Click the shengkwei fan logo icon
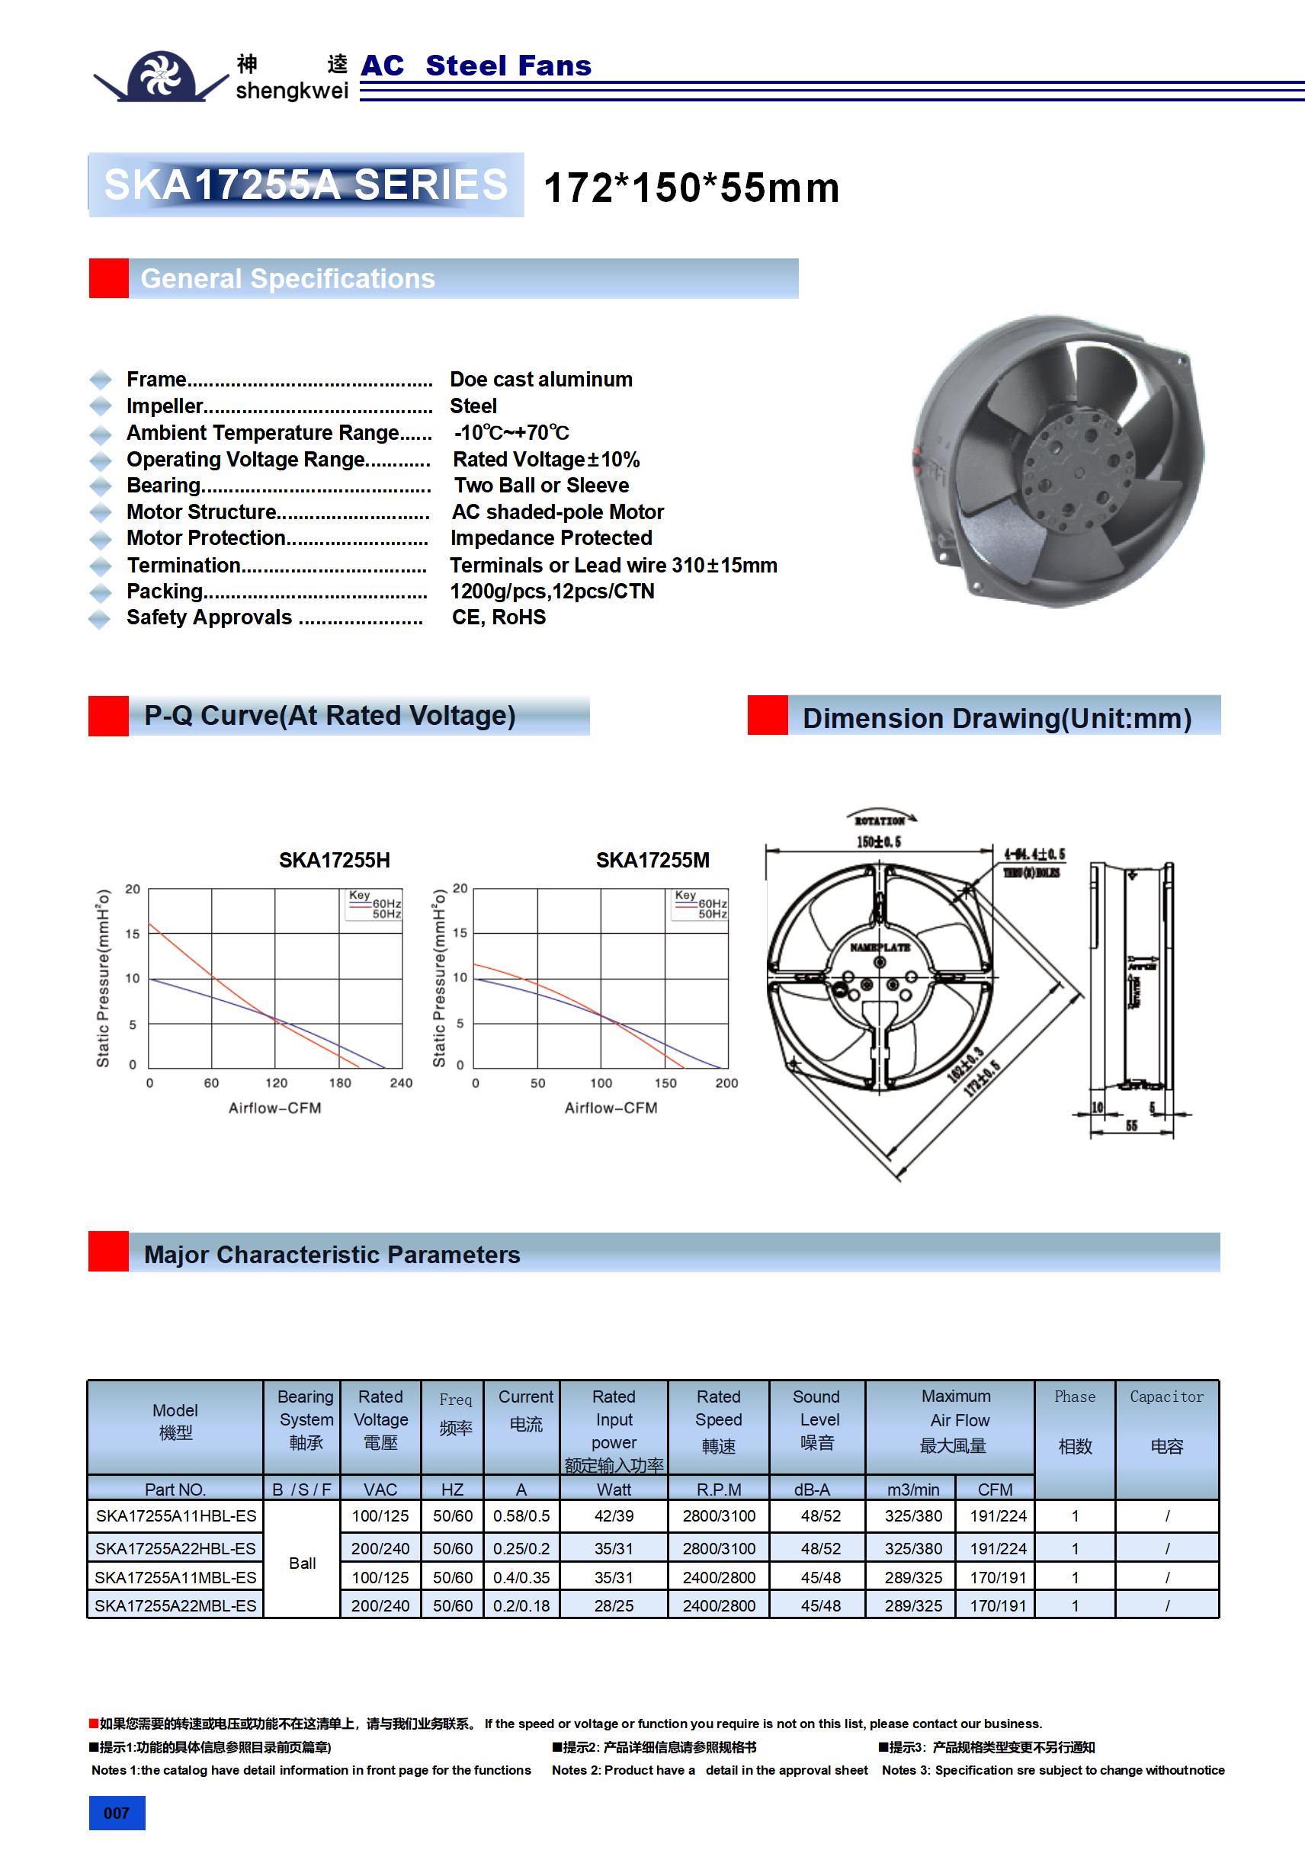coord(161,76)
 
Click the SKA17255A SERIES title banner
coord(306,184)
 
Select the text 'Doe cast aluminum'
coord(541,379)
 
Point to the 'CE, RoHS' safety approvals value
coord(499,617)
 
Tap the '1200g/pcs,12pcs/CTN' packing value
coord(552,591)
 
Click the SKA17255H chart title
coord(334,861)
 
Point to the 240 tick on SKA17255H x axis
coord(400,1082)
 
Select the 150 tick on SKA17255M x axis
coord(665,1082)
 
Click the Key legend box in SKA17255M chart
coord(700,905)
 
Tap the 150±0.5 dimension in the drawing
coord(878,842)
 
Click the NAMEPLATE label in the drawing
coord(879,948)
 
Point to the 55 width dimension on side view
coord(1131,1126)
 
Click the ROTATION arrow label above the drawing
coord(880,820)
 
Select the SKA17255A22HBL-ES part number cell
coord(175,1548)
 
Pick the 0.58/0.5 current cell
coord(521,1515)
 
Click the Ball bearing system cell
coord(302,1563)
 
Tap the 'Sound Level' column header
coord(816,1419)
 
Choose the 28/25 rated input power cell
coord(614,1605)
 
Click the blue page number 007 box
coord(117,1813)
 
